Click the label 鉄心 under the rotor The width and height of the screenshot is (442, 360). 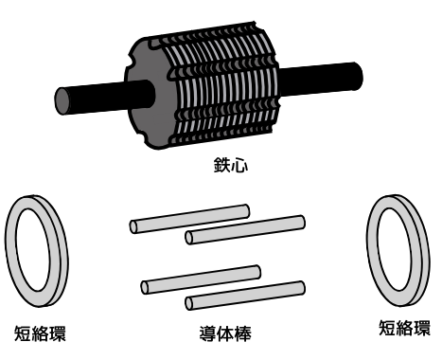tap(231, 165)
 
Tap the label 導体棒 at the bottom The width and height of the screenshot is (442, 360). tap(225, 333)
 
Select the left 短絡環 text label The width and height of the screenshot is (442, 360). tap(40, 333)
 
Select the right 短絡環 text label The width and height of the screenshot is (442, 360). tap(404, 328)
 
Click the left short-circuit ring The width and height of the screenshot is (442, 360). tap(9, 253)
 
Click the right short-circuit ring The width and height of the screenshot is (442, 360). tap(372, 253)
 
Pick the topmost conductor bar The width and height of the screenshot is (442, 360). tap(189, 219)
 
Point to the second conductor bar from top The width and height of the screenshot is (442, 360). tap(245, 229)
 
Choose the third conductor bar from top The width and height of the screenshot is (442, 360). tap(201, 279)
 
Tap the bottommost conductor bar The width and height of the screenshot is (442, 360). tap(245, 296)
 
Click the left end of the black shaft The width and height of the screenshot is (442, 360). tap(63, 101)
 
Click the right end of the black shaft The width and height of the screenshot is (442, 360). tap(359, 76)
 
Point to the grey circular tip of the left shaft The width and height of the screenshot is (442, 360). tap(63, 101)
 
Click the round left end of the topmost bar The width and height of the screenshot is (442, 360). tap(133, 227)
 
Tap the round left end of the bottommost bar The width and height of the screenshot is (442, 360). tap(189, 304)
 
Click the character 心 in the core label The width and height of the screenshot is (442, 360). tap(239, 166)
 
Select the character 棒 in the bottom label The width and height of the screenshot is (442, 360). tap(243, 333)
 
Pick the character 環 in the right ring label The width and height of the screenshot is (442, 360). tap(422, 328)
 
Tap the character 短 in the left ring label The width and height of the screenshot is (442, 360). tap(23, 333)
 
